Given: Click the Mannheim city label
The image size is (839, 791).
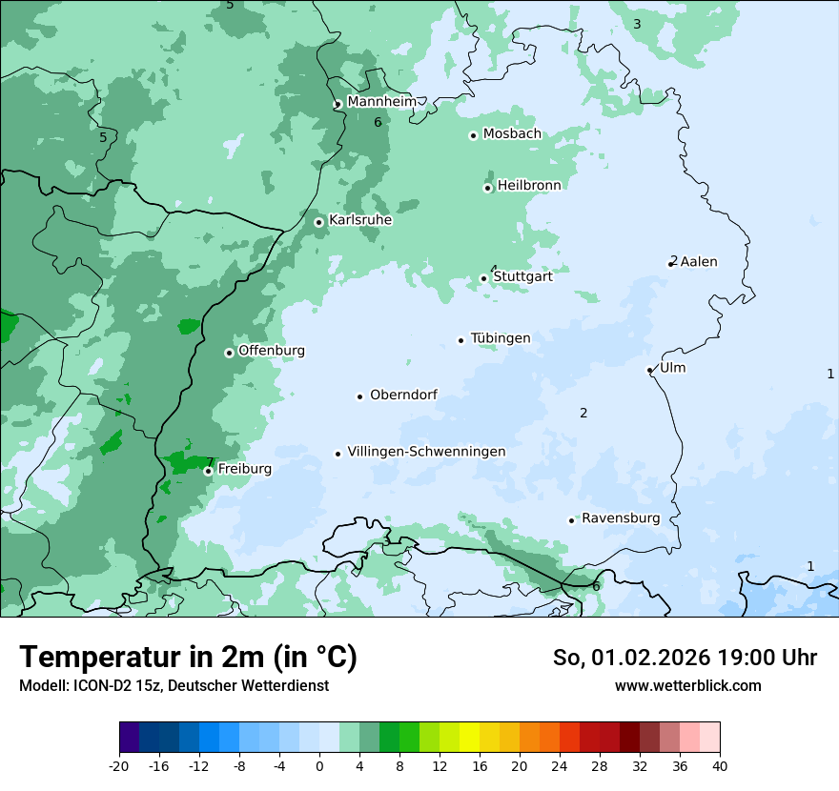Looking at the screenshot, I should click(381, 102).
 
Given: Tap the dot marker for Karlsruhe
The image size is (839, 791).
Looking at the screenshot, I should click(319, 222).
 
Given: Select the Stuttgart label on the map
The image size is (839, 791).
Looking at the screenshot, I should click(522, 277).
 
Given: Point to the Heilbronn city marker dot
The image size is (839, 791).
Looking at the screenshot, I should click(488, 188).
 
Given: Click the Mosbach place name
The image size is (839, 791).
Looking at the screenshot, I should click(512, 134).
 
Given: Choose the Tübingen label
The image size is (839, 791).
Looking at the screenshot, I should click(501, 338).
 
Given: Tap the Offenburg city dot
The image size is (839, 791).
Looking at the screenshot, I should click(229, 353).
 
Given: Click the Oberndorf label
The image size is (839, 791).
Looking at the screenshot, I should click(403, 395).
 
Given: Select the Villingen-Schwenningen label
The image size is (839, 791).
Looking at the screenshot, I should click(426, 452).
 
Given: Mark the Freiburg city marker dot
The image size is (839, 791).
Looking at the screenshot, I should click(208, 471).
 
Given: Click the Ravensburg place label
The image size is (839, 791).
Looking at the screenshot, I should click(621, 518).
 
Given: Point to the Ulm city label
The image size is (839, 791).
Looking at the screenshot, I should click(673, 368).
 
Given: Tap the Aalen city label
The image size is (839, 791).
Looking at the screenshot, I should click(699, 262).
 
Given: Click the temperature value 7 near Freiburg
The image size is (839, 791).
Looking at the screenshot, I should click(210, 462).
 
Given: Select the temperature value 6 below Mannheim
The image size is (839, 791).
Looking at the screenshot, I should click(378, 122).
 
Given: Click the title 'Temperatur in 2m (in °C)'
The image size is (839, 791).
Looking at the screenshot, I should click(188, 657).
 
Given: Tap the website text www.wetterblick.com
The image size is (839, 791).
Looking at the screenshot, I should click(687, 685).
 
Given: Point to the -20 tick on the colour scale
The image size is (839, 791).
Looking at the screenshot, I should click(119, 765).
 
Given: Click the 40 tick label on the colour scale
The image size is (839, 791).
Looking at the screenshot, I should click(720, 765).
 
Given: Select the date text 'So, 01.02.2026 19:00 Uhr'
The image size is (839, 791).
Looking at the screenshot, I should click(685, 658).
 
